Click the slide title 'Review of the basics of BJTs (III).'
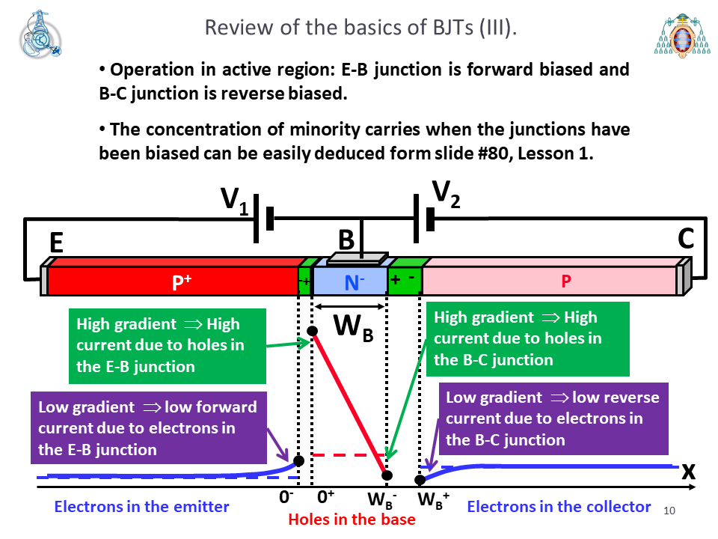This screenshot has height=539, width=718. coord(360,28)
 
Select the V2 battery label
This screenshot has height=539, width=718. coord(446,195)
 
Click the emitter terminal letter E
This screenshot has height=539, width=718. coord(56,243)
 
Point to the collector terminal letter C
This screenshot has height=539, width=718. coord(686,239)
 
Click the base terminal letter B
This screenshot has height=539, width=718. coord(346,240)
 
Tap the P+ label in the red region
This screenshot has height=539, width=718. coord(181,281)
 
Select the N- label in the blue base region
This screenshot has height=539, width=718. coord(354,282)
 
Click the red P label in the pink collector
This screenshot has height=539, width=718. coord(566,281)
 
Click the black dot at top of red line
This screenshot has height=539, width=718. coord(313,331)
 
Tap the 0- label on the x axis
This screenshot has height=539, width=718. coord(286,497)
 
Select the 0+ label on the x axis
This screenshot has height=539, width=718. coord(325,497)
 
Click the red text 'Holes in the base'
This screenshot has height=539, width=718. coord(352,520)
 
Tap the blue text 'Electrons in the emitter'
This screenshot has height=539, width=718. coord(141,507)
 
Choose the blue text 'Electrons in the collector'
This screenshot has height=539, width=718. coord(559,507)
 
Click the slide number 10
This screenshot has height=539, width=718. coord(669,511)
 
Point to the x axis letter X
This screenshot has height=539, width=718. coord(688,472)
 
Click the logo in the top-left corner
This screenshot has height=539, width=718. coord(40,34)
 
